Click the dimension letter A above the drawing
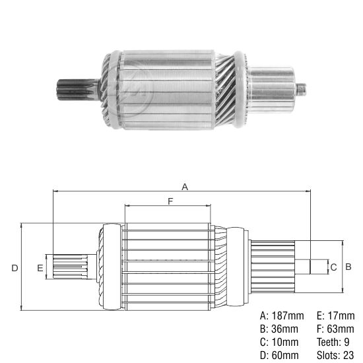[185, 187]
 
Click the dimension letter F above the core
[170, 201]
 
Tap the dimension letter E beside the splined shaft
[40, 267]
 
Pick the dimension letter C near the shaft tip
[333, 267]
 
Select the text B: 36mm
[279, 329]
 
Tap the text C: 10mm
[279, 343]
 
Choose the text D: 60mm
[279, 356]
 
